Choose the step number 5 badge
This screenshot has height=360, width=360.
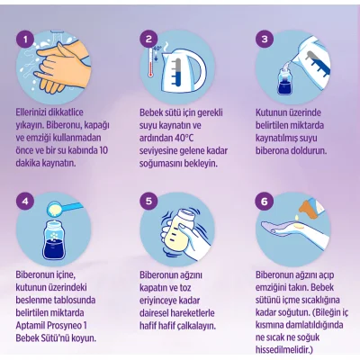[148, 202]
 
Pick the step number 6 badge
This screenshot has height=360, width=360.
[265, 202]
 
